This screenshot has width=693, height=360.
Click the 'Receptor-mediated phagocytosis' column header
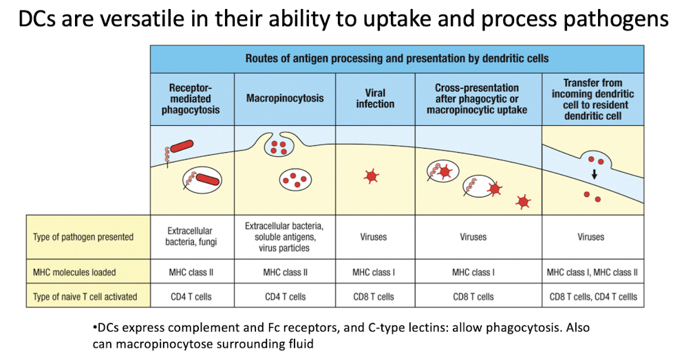coord(191,98)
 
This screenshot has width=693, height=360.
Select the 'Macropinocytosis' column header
coord(285,98)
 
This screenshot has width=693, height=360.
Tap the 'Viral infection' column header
coord(375,98)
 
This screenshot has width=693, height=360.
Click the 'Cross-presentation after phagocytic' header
coord(477,98)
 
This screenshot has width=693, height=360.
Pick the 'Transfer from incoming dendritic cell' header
coord(593,99)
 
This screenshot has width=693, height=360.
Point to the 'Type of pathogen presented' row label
coord(83,237)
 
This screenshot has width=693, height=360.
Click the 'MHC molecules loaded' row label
coord(74,273)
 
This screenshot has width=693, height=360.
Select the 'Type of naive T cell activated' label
coord(85,297)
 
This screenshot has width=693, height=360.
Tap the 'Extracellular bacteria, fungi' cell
coord(191,237)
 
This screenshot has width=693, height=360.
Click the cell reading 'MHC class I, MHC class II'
coord(593,273)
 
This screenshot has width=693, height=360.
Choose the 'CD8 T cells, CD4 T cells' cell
coord(593,297)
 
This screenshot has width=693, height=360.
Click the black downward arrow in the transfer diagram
coord(595,174)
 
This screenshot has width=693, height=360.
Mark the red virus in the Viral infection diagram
coord(371,176)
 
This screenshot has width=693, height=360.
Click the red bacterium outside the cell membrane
coord(182,147)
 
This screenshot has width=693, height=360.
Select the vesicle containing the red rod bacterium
coord(202,180)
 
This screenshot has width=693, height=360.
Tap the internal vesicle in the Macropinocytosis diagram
coord(295,180)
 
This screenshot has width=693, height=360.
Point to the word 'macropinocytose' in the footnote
coord(169,343)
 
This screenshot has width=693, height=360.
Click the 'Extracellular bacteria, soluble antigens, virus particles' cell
coord(284,237)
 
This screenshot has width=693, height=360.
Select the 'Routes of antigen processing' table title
coord(397,59)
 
